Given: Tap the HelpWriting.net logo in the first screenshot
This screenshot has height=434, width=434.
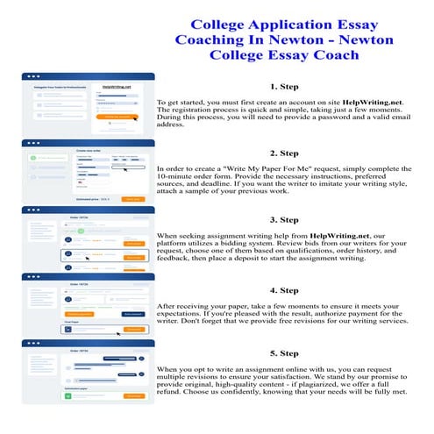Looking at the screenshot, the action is coord(117,87).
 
